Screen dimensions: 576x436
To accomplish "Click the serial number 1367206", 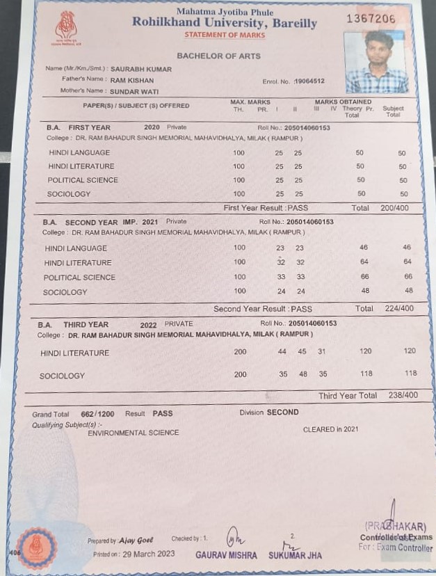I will coord(371,19).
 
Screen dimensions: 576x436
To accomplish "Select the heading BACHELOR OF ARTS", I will coord(218,56).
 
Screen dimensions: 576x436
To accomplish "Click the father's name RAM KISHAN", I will coord(132,81).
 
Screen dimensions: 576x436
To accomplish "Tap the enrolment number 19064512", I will coord(309,81).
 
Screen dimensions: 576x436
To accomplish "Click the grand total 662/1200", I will coord(97,413).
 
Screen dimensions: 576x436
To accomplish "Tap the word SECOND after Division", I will coord(283,413).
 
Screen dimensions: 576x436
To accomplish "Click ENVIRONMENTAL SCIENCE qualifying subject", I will coord(133,433).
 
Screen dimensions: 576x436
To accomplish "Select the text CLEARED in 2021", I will coord(331,429).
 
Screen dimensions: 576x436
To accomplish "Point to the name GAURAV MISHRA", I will coord(226,555).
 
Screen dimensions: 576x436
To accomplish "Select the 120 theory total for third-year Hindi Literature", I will coord(366,352).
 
